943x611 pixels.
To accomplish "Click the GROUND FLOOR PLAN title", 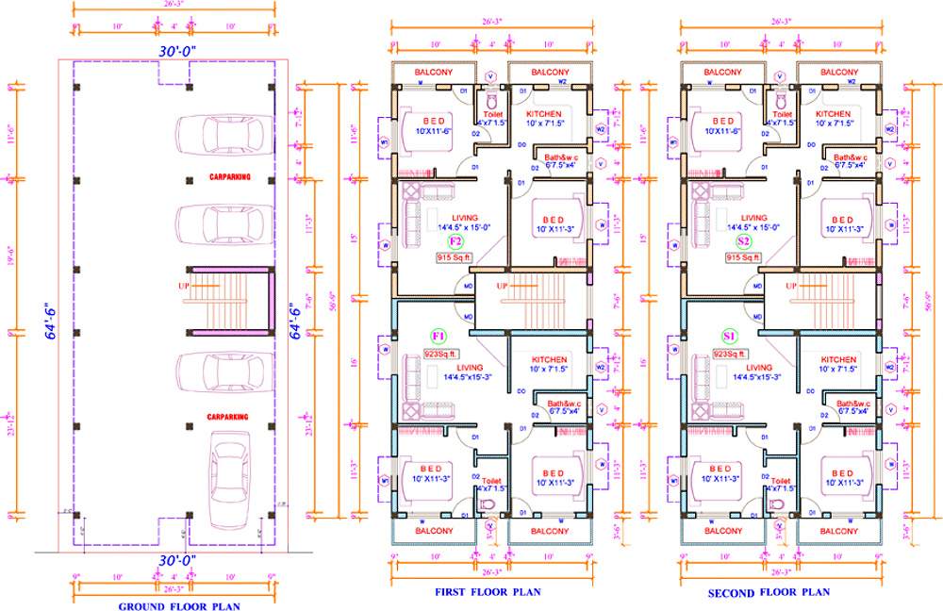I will [178, 606].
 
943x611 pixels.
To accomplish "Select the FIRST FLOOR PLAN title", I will [488, 592].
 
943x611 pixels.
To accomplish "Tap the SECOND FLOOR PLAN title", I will [769, 592].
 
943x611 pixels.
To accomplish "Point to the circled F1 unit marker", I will [438, 336].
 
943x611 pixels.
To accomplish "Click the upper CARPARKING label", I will [229, 177].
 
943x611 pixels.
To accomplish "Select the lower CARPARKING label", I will [229, 415].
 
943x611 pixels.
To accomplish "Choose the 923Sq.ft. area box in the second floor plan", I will [729, 354].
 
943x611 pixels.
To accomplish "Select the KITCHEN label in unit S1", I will [838, 359].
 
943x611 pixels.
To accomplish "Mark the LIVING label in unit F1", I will [469, 367].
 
